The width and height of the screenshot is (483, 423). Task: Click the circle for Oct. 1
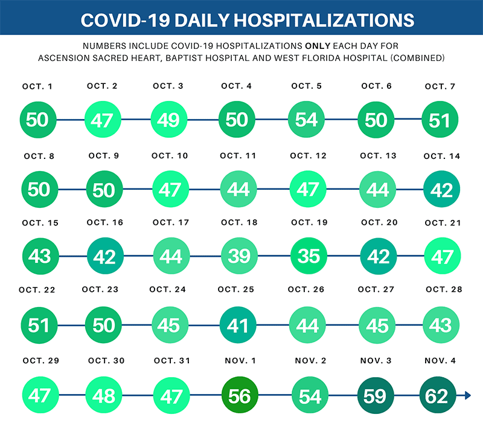coord(37,119)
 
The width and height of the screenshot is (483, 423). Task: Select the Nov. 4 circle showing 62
coord(437,396)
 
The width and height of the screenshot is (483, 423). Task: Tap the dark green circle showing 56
coord(239,396)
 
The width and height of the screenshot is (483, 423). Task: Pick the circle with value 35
coord(309,256)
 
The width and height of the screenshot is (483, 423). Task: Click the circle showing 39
coord(239,256)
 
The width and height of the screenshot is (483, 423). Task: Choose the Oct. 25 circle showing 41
coord(239,326)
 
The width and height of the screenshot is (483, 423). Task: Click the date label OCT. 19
coord(309,223)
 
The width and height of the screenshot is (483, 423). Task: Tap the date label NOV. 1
coord(240,361)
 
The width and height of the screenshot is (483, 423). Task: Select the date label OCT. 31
coord(171,361)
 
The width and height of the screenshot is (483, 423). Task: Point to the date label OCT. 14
coord(442,157)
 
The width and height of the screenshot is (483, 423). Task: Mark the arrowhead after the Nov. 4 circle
coord(467,396)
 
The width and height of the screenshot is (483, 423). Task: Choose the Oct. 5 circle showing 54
coord(307,119)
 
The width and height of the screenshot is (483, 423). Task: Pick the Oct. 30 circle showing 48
coord(104,396)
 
